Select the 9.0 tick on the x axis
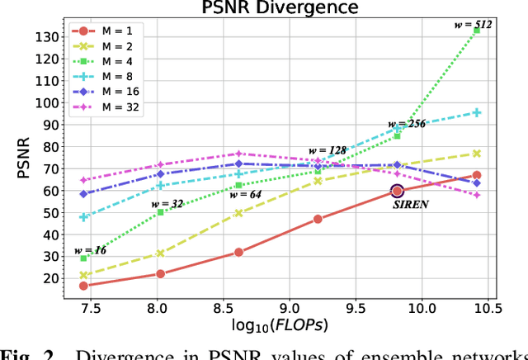click(x=289, y=306)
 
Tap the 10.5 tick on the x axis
click(x=488, y=306)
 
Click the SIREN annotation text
click(x=410, y=202)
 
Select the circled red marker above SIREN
click(x=397, y=191)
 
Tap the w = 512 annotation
click(x=473, y=25)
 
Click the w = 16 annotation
click(x=91, y=249)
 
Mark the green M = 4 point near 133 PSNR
click(x=477, y=31)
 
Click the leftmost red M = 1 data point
click(x=83, y=286)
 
